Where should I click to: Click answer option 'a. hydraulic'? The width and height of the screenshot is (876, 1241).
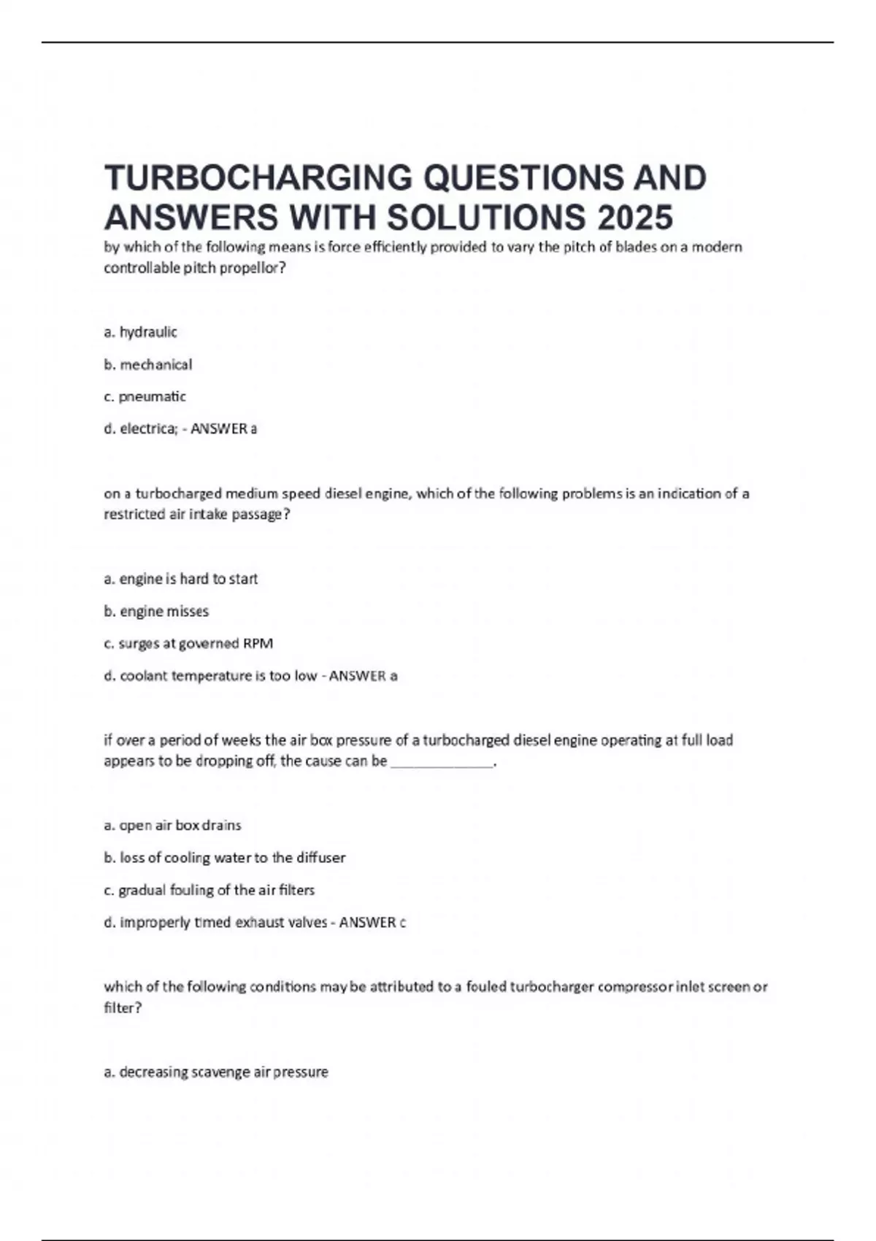[x=141, y=332]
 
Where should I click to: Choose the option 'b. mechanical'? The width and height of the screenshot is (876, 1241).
[x=148, y=364]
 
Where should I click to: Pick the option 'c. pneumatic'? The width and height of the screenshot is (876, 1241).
[x=145, y=396]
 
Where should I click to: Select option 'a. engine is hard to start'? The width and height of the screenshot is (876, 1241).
[x=181, y=579]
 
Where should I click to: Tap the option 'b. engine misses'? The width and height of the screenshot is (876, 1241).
[x=156, y=611]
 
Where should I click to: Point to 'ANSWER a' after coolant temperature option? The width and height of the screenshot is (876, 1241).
[x=363, y=676]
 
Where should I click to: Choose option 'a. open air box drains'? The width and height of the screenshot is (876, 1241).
[x=172, y=826]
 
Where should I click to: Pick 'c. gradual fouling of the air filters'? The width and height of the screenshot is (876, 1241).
[x=210, y=890]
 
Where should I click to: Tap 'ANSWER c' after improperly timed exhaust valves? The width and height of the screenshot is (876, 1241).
[x=372, y=923]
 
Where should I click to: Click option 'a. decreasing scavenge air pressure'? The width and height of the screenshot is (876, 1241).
[x=216, y=1072]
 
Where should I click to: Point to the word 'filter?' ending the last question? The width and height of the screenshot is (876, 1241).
[x=123, y=1008]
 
